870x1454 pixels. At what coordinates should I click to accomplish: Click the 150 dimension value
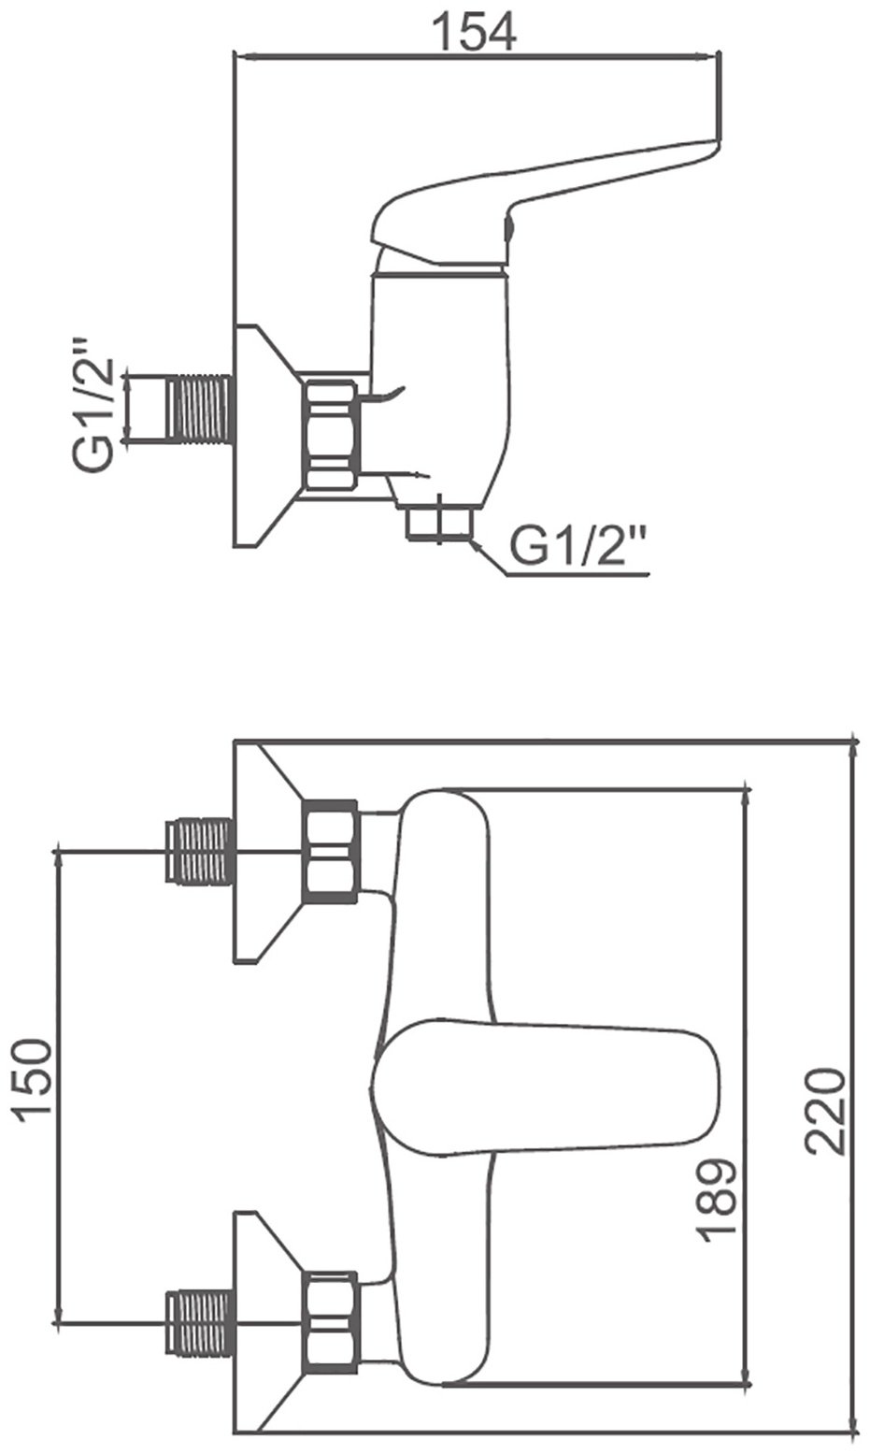point(33,1074)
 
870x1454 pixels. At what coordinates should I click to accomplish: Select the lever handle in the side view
point(545,201)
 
